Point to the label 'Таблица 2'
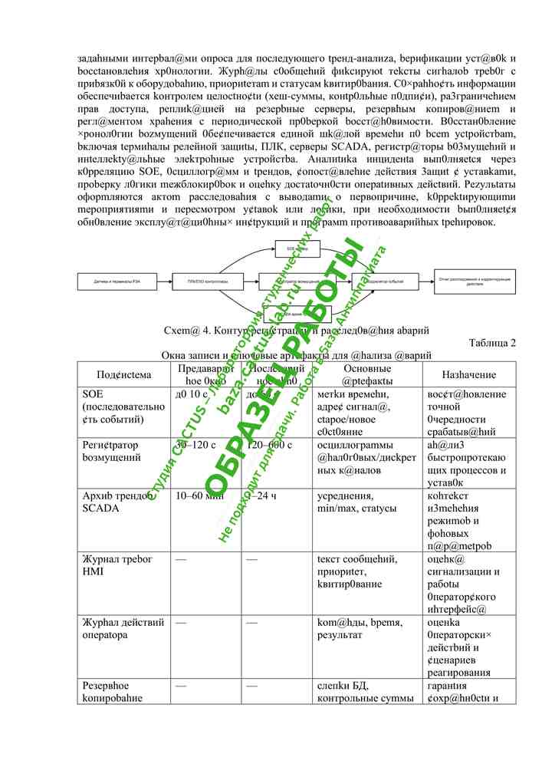[x=492, y=343]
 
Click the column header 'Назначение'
[x=469, y=374]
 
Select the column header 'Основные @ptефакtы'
[x=367, y=374]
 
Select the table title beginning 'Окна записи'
[x=297, y=356]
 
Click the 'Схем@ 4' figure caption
[x=295, y=331]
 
